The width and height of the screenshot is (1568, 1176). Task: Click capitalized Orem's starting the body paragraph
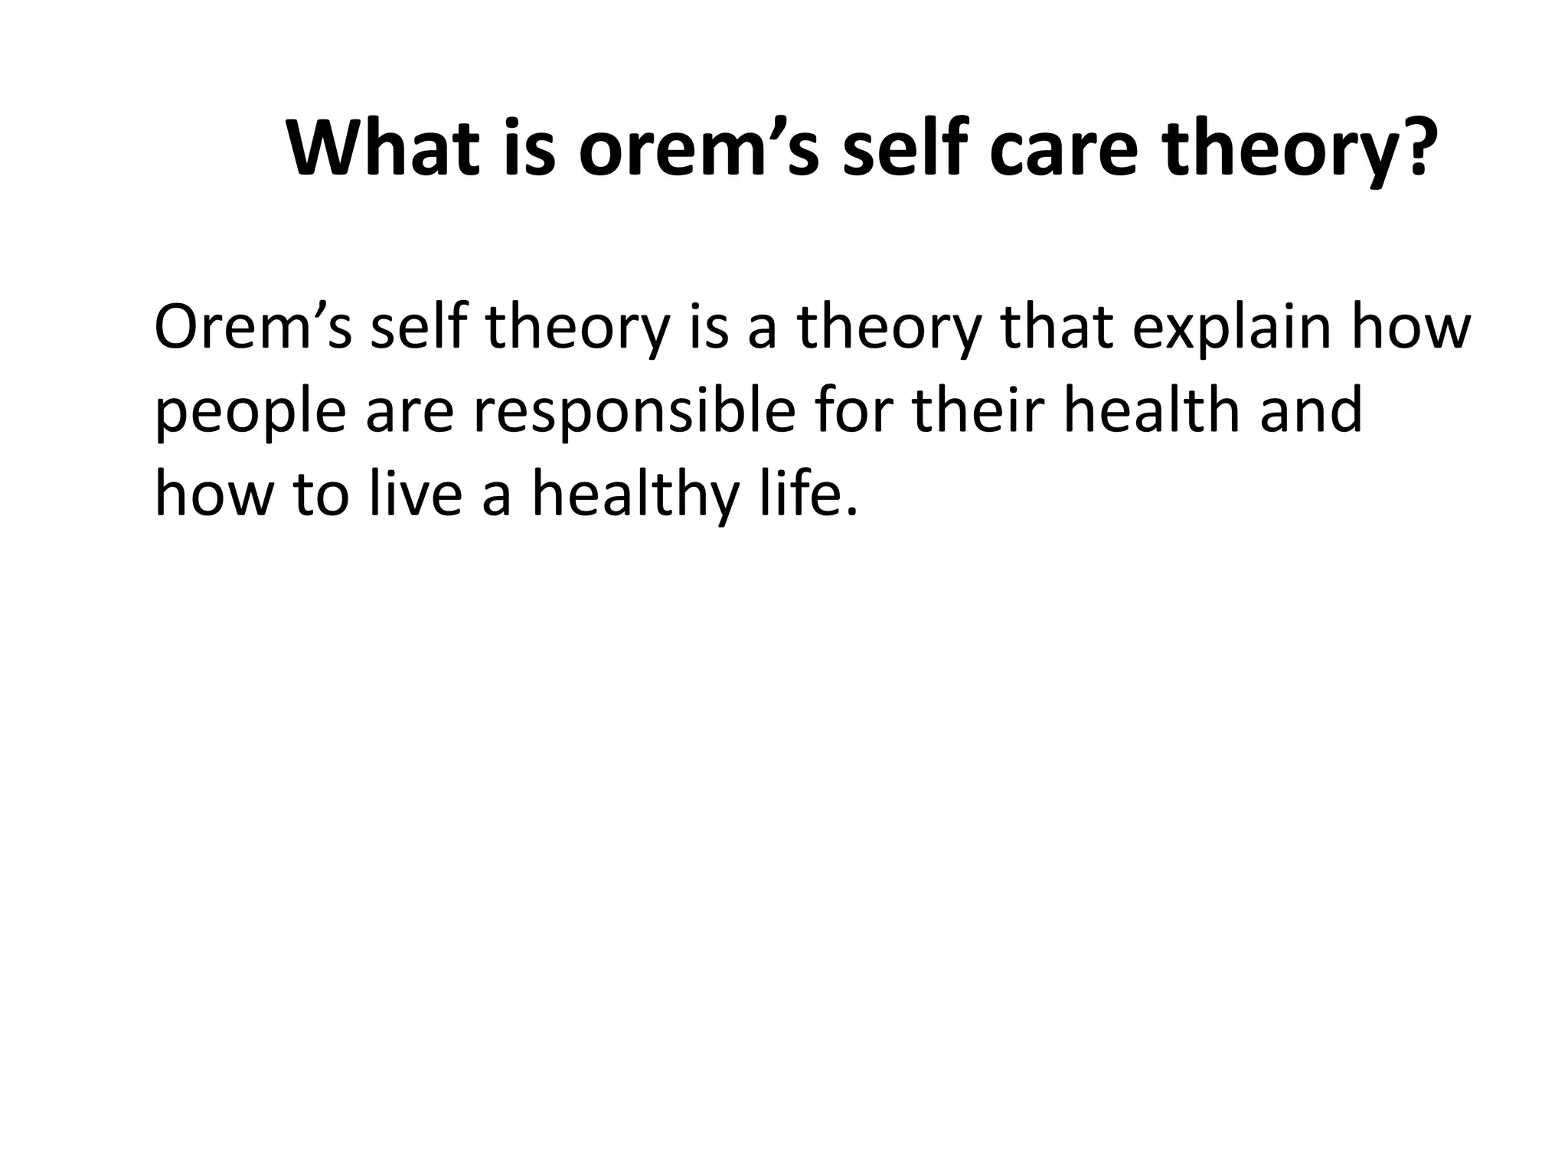click(253, 328)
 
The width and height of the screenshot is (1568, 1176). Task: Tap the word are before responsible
click(410, 411)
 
